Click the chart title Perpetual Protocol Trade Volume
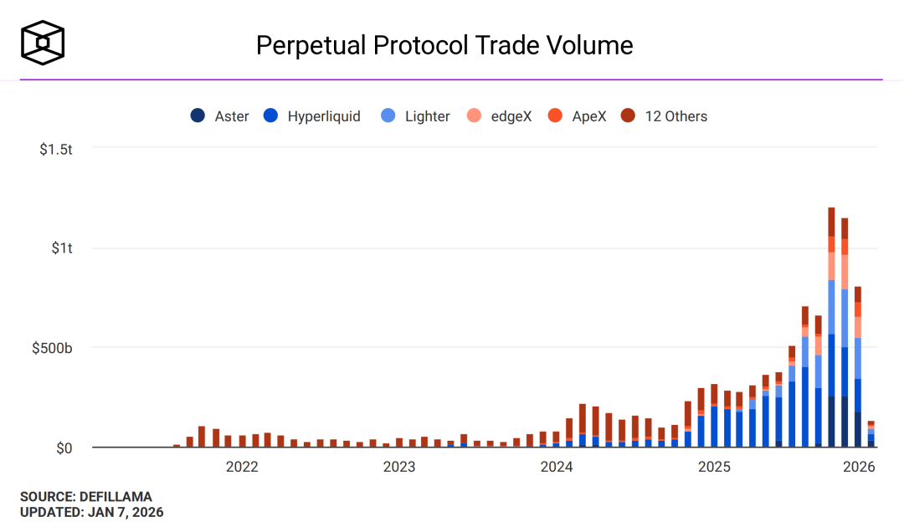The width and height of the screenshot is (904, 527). [x=444, y=44]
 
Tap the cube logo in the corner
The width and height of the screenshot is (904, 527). [x=43, y=42]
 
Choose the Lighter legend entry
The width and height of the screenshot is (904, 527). [x=416, y=116]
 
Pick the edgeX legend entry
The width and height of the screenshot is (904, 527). [x=500, y=116]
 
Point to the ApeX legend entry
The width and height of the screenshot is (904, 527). [x=577, y=116]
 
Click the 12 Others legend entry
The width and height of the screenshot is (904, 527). [x=665, y=116]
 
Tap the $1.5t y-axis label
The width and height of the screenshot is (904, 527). [x=57, y=150]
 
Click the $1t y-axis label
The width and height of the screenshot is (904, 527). [x=62, y=248]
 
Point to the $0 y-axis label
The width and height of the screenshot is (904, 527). [x=65, y=448]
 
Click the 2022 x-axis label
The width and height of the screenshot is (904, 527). [x=242, y=467]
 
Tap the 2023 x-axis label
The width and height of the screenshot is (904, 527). [x=398, y=467]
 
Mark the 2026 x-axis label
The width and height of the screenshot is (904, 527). [x=858, y=467]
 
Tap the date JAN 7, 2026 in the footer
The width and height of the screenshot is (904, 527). [x=125, y=512]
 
